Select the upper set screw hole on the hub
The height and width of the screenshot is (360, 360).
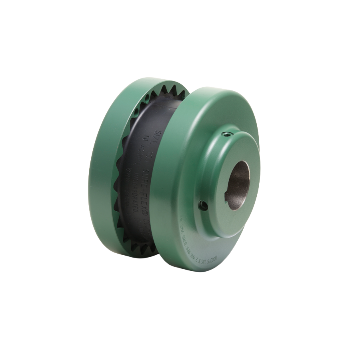(228, 136)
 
